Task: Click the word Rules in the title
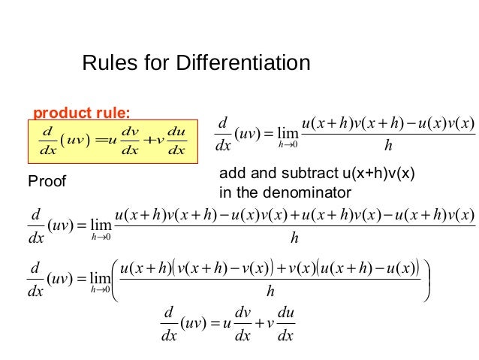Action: coord(104,62)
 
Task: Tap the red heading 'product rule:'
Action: coord(82,113)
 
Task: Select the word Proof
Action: coord(47,181)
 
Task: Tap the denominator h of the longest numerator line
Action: coord(294,239)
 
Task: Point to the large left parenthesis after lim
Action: coord(114,280)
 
